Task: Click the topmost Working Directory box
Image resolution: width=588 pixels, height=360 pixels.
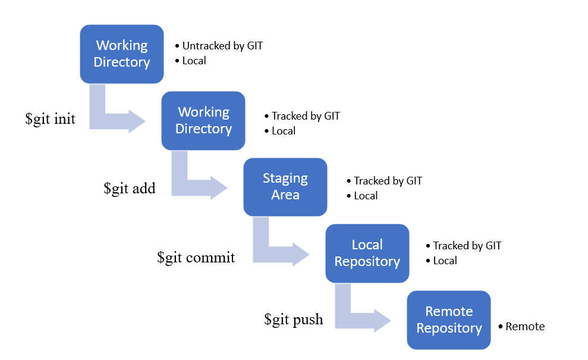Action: click(121, 54)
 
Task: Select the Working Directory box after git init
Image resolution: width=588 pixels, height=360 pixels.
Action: click(203, 120)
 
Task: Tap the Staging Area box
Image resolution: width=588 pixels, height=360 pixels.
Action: click(285, 187)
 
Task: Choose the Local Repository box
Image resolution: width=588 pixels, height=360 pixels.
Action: click(367, 253)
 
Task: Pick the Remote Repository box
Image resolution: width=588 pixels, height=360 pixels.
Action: click(448, 320)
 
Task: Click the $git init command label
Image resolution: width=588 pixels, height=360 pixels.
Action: click(51, 119)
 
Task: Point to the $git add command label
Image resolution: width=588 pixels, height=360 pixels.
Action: click(129, 189)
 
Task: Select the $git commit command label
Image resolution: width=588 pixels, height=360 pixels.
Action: click(196, 258)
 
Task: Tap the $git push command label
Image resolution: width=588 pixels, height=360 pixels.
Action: click(294, 320)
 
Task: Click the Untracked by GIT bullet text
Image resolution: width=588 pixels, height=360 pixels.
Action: click(222, 45)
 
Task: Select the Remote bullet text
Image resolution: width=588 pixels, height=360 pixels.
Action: click(525, 326)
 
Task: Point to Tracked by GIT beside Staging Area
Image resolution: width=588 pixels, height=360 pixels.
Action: click(388, 181)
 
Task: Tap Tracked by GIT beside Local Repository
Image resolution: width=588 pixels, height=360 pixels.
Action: click(467, 246)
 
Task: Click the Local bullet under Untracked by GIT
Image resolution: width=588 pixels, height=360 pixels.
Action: click(194, 61)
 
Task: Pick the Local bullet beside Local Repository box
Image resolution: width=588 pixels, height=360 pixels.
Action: click(445, 261)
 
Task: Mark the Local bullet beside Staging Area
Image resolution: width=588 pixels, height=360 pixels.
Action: click(366, 196)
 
